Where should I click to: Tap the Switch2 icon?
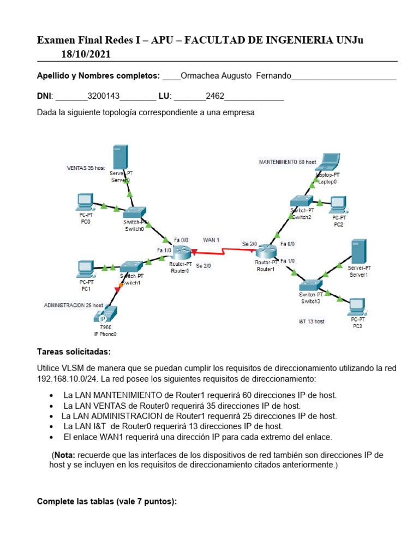302,201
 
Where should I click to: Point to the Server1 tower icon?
358,251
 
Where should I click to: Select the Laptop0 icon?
328,163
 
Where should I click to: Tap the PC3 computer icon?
357,307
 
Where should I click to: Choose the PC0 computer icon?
85,203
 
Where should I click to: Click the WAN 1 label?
211,240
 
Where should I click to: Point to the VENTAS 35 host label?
86,168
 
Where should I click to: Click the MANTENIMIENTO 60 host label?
288,162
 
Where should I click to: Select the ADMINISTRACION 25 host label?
73,305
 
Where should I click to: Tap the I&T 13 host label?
311,321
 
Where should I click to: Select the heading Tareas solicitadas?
73,351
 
